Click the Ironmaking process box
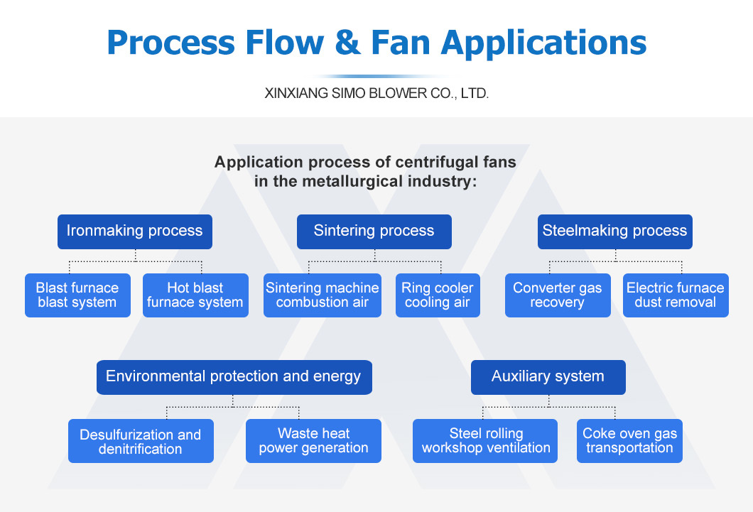[x=134, y=232]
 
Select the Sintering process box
[x=374, y=232]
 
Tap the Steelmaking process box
[x=614, y=232]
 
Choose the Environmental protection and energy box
[x=234, y=377]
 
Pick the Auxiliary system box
[x=548, y=377]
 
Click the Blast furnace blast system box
[x=77, y=295]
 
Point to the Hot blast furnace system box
[x=195, y=295]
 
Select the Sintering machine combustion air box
[x=323, y=295]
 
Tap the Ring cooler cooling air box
[x=437, y=295]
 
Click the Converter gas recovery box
[x=558, y=295]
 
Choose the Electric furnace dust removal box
[x=676, y=295]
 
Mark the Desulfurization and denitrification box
[x=141, y=441]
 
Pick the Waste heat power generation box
[x=313, y=441]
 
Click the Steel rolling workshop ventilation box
[x=486, y=441]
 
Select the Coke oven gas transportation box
[x=629, y=441]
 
